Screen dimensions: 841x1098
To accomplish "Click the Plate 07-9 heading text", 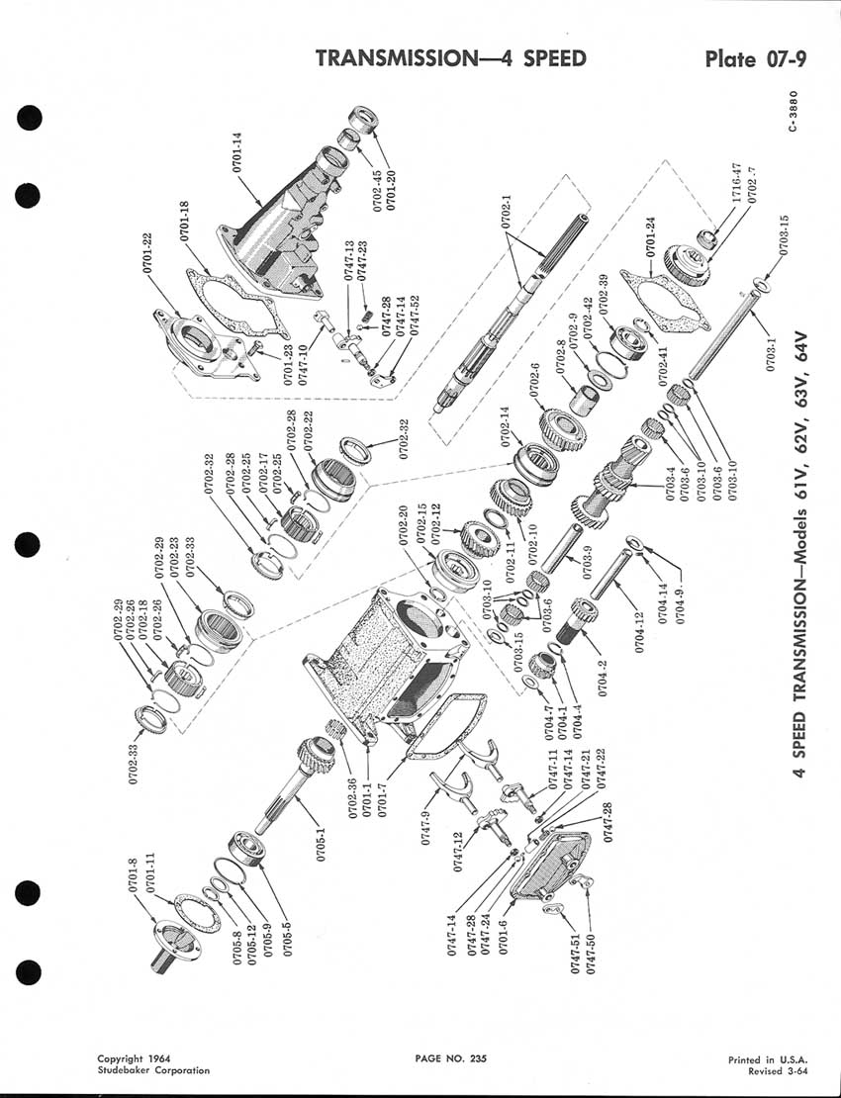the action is click(756, 58).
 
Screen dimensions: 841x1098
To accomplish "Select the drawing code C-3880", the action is click(792, 111).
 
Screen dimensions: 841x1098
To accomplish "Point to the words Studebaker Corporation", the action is click(153, 1070).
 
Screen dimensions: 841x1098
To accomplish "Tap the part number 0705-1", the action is click(322, 843).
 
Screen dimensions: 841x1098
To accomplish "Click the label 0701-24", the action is click(650, 236).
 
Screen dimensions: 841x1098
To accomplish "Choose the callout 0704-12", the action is click(639, 633).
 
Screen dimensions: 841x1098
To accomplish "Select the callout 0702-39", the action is click(604, 295).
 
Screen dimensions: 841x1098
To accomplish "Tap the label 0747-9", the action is click(425, 828).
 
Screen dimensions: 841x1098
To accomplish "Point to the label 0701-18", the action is click(185, 221).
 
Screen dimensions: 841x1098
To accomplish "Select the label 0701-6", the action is click(503, 936).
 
